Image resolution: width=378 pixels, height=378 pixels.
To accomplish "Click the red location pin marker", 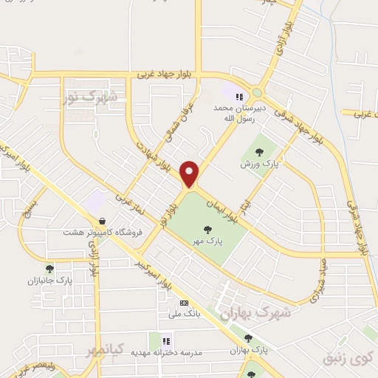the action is (190, 173).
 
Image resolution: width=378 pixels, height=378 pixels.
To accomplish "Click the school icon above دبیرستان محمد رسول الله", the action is (238, 95).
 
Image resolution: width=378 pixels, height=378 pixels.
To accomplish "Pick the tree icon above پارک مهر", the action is (211, 228).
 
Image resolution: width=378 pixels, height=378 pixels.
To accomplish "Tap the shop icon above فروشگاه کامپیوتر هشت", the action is (102, 221).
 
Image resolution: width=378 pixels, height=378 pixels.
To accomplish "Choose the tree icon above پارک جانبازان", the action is (49, 269).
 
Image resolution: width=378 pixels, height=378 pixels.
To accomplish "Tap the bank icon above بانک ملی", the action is (184, 302).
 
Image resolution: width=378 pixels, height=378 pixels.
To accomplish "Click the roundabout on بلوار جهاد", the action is (256, 93).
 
